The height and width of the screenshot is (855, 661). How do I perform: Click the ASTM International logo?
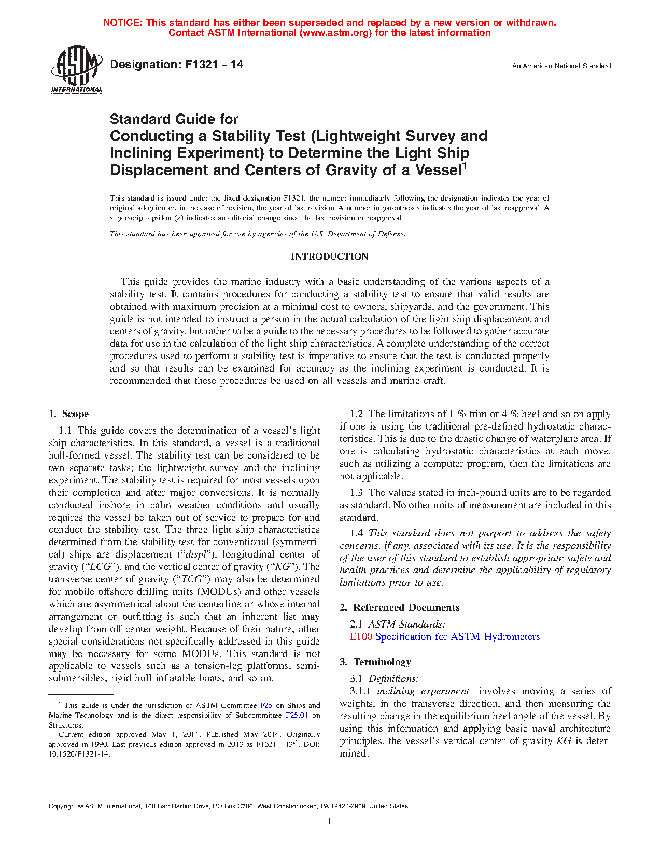click(77, 68)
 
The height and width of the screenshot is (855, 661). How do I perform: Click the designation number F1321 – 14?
click(176, 65)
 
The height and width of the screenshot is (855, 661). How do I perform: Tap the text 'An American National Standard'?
click(561, 66)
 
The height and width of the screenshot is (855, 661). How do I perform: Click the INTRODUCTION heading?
click(329, 256)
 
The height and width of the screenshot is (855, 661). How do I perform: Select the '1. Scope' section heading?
click(69, 414)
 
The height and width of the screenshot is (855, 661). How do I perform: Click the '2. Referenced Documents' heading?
click(400, 608)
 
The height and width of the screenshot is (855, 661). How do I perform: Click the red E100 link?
click(361, 637)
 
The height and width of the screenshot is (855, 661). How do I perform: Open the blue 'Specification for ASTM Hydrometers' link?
click(457, 637)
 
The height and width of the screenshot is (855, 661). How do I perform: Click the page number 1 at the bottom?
click(330, 821)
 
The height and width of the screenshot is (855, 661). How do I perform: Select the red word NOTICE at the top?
click(122, 23)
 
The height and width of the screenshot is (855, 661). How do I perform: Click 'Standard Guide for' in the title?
click(174, 119)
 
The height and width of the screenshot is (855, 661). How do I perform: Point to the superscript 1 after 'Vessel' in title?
click(465, 166)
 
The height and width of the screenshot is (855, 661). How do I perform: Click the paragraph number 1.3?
click(357, 493)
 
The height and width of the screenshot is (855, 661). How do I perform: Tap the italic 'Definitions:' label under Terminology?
click(393, 679)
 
